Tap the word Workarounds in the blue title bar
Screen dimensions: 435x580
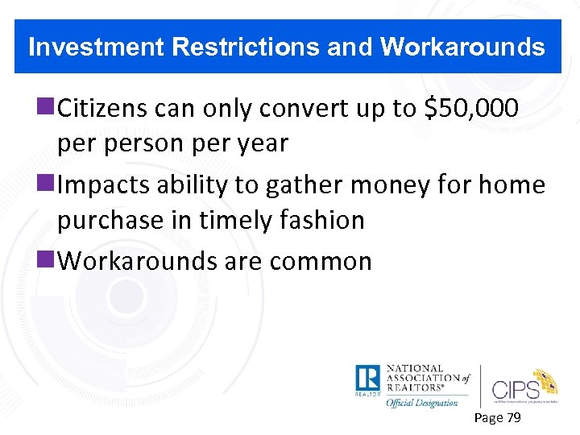coord(462,48)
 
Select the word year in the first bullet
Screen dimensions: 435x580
coord(259,143)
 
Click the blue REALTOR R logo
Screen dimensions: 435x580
coord(367,379)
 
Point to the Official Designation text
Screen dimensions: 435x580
coord(421,403)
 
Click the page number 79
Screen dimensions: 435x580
coord(512,417)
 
